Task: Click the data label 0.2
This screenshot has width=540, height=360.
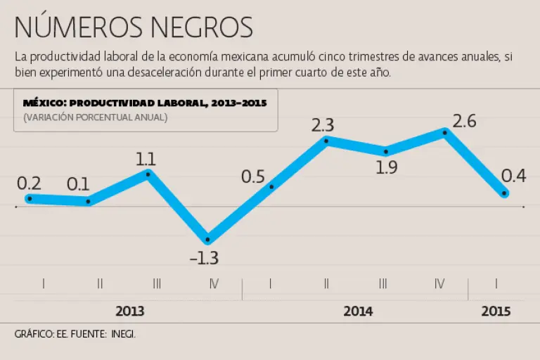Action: click(29, 184)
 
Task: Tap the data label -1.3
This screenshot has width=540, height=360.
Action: click(204, 258)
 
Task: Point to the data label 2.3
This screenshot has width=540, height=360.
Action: click(322, 126)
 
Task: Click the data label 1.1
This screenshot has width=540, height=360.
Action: click(146, 158)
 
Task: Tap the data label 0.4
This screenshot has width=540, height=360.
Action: click(514, 176)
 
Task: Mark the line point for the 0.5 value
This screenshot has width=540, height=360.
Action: click(271, 186)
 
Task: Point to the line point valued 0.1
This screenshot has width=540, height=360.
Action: click(88, 202)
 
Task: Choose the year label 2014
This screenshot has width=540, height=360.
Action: click(358, 311)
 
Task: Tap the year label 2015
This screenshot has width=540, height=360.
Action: click(496, 311)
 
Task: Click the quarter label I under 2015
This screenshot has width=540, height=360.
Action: click(497, 284)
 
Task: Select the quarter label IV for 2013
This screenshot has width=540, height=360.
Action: click(214, 284)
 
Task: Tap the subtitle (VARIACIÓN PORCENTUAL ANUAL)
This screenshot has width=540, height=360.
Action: click(95, 117)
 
